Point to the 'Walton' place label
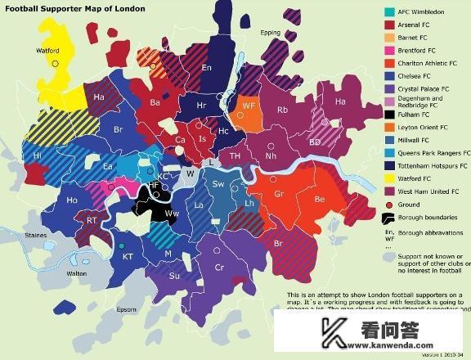point(77,273)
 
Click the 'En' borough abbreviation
point(207,67)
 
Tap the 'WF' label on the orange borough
point(249,106)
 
